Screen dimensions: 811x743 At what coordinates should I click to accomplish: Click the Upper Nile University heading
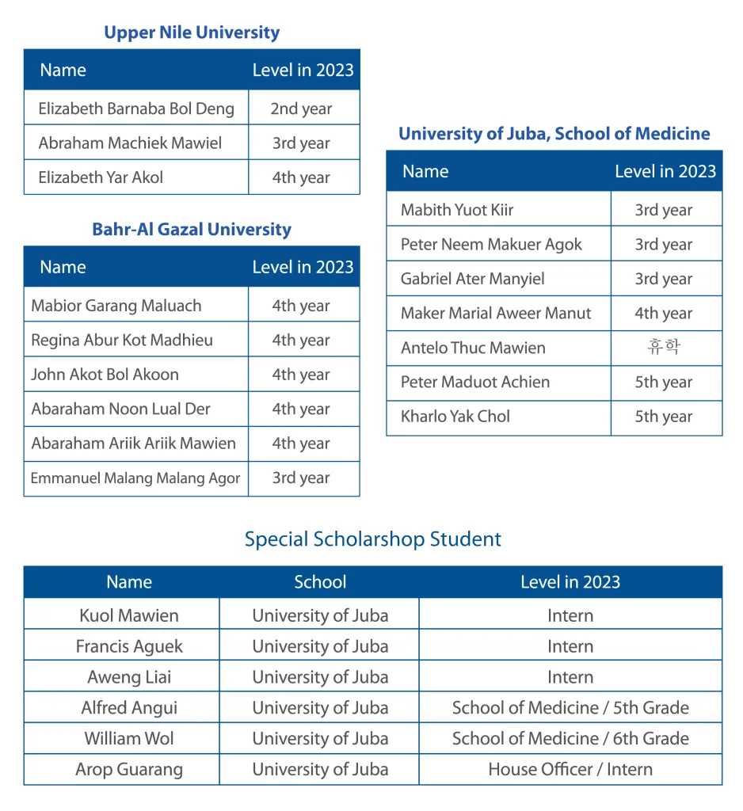(x=192, y=32)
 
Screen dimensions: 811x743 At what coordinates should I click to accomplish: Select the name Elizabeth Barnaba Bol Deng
(x=136, y=109)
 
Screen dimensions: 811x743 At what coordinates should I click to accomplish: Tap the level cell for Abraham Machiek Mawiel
(x=301, y=143)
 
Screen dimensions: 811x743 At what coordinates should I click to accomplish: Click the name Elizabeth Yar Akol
(x=101, y=177)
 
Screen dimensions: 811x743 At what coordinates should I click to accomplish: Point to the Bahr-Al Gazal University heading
(x=192, y=230)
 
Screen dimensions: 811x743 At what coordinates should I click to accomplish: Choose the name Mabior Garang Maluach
(x=116, y=306)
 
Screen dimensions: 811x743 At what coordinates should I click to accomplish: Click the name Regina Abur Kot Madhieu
(x=122, y=341)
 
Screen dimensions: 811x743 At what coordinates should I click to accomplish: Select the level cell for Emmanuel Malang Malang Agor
(x=301, y=478)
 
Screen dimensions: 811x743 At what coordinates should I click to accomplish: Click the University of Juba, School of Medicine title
(x=554, y=134)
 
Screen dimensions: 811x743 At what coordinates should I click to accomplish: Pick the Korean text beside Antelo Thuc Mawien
(x=664, y=348)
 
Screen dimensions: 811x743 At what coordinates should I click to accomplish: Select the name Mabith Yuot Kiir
(x=457, y=210)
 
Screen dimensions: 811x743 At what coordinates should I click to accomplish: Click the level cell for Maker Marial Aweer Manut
(x=664, y=314)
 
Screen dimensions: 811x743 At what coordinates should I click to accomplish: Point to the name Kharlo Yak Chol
(x=455, y=417)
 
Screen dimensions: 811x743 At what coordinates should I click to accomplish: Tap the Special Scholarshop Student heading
(x=372, y=539)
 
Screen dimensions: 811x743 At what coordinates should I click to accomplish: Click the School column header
(x=320, y=582)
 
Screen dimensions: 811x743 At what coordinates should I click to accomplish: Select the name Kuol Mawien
(x=129, y=615)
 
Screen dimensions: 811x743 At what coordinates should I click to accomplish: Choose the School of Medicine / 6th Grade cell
(x=570, y=739)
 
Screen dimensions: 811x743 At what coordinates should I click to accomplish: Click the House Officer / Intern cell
(x=570, y=769)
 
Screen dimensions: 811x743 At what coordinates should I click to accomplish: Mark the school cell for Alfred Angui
(x=320, y=708)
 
